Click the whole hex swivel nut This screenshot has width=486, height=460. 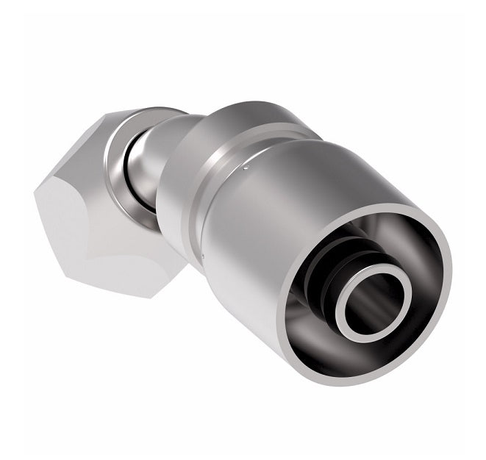(103, 198)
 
